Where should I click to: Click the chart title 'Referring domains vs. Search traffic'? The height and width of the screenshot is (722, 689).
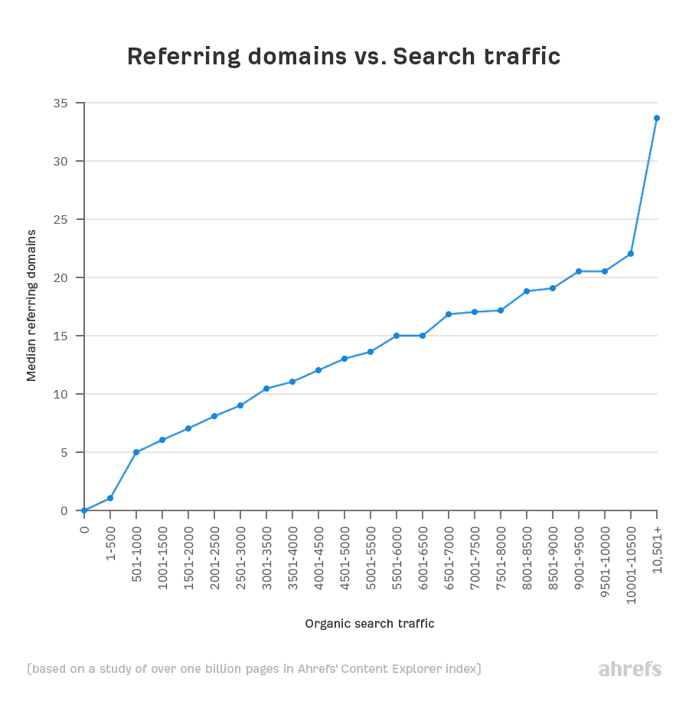point(344,57)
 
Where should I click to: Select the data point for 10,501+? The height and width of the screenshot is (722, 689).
point(657,118)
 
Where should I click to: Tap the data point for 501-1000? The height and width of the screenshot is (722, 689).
point(136,452)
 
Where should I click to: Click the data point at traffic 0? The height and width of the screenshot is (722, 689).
point(84,510)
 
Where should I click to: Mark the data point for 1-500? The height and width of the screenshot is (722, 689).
point(110,498)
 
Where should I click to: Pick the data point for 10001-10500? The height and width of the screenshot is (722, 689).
point(631,254)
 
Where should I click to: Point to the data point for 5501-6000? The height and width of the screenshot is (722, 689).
point(397,336)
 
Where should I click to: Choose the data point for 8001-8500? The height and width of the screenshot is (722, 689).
point(527,291)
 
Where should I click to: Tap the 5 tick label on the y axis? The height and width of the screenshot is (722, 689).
point(64,452)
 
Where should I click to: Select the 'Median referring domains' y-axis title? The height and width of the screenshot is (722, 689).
point(31,304)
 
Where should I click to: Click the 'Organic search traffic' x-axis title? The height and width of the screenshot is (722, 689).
point(370,624)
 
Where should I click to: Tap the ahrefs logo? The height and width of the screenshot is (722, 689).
point(629,669)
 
